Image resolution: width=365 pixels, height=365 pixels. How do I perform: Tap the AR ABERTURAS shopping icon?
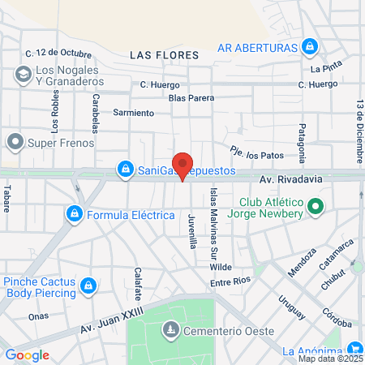308,49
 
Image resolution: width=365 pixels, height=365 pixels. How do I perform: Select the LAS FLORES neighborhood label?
164,55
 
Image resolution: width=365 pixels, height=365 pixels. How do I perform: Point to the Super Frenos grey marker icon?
15,143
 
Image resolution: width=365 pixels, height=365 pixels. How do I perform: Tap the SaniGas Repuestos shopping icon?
125,170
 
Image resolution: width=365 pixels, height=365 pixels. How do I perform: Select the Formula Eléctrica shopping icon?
74,215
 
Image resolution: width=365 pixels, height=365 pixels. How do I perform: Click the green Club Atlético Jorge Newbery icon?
316,208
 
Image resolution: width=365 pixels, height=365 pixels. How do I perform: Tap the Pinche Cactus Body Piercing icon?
89,286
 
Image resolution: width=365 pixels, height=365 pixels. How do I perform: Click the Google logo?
27,355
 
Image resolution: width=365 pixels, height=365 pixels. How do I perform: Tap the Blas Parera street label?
191,98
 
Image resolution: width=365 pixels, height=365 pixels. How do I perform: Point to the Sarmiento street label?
133,113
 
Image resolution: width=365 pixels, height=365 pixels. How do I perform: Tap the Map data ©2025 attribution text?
329,359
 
